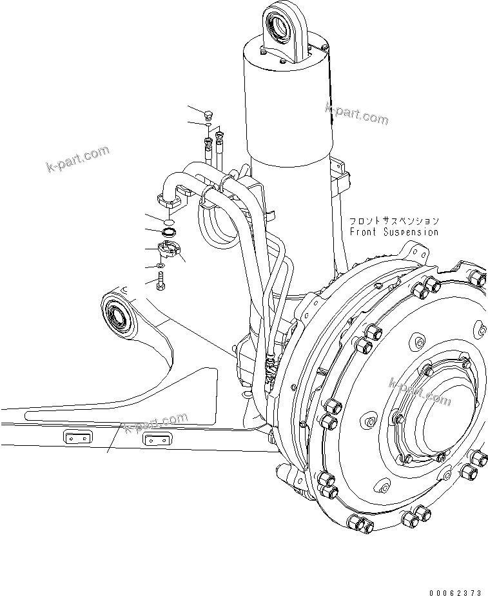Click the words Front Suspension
[x=394, y=231]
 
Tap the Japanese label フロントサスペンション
[x=394, y=221]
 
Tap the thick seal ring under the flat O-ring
[x=169, y=231]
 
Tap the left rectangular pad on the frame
[x=77, y=437]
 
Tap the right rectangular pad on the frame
[x=157, y=440]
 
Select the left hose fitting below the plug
[x=208, y=142]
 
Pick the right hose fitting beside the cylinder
[x=220, y=136]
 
